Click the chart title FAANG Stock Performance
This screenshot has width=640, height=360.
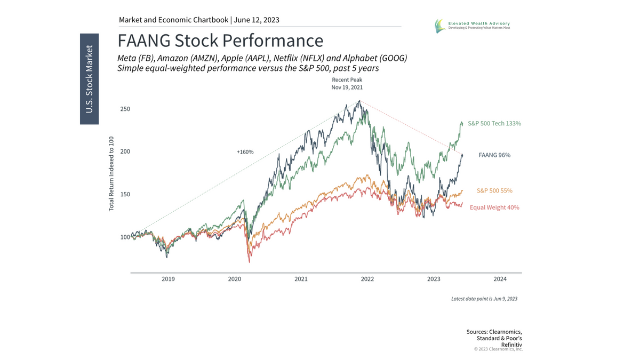[220, 41]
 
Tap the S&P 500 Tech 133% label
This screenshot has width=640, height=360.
[494, 123]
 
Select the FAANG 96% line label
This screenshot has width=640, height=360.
[495, 155]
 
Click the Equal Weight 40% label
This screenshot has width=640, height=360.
[494, 207]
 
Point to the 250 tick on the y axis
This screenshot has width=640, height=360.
[125, 109]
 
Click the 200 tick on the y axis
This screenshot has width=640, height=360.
[125, 151]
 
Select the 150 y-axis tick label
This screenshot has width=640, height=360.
[125, 194]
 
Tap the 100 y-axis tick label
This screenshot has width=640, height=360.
[125, 237]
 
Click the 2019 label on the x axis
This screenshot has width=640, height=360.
[168, 279]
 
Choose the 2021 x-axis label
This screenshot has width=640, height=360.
[301, 279]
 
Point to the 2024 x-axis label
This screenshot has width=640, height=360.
[500, 279]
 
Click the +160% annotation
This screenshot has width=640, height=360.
[245, 152]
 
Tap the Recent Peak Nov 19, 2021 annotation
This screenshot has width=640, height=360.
[347, 84]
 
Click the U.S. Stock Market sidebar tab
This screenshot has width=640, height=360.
[89, 79]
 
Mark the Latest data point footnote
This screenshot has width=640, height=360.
[484, 299]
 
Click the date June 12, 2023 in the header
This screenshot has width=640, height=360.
[257, 20]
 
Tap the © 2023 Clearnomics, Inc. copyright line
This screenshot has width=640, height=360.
[498, 349]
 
